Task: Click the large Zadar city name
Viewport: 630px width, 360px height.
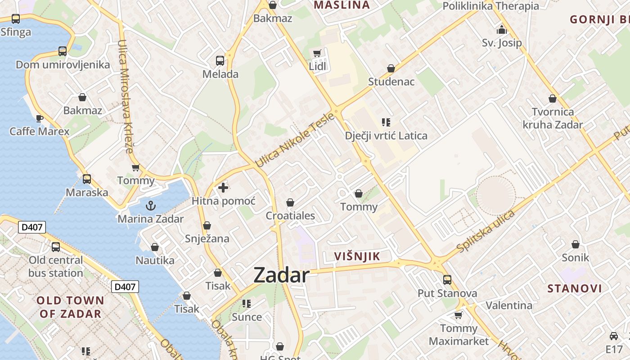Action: pos(281,275)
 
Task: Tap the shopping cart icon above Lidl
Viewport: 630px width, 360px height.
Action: pos(317,54)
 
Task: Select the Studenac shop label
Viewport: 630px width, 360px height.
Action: pos(391,81)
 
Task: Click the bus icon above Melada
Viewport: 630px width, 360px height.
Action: pos(220,61)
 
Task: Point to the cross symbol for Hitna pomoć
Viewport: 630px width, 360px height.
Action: pos(223,188)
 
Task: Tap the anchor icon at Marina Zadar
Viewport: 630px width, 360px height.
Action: pos(151,206)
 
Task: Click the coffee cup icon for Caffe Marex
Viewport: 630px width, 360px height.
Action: pos(40,118)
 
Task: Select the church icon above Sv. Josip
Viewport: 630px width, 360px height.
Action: pos(501,31)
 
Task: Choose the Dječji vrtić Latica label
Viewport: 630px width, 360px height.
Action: pos(386,135)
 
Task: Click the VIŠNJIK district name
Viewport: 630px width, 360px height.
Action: pos(357,256)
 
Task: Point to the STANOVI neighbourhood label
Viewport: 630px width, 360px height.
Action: pos(575,288)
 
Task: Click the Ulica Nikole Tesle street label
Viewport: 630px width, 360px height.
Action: pos(295,140)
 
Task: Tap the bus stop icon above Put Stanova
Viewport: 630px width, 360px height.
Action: pos(447,280)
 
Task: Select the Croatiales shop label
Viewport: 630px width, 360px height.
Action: pos(290,216)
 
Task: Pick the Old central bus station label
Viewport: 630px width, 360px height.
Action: pos(56,266)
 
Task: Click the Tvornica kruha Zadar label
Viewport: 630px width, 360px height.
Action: pos(553,118)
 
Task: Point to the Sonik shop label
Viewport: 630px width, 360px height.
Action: pos(575,257)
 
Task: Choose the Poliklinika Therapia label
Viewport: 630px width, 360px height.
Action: pos(490,6)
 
